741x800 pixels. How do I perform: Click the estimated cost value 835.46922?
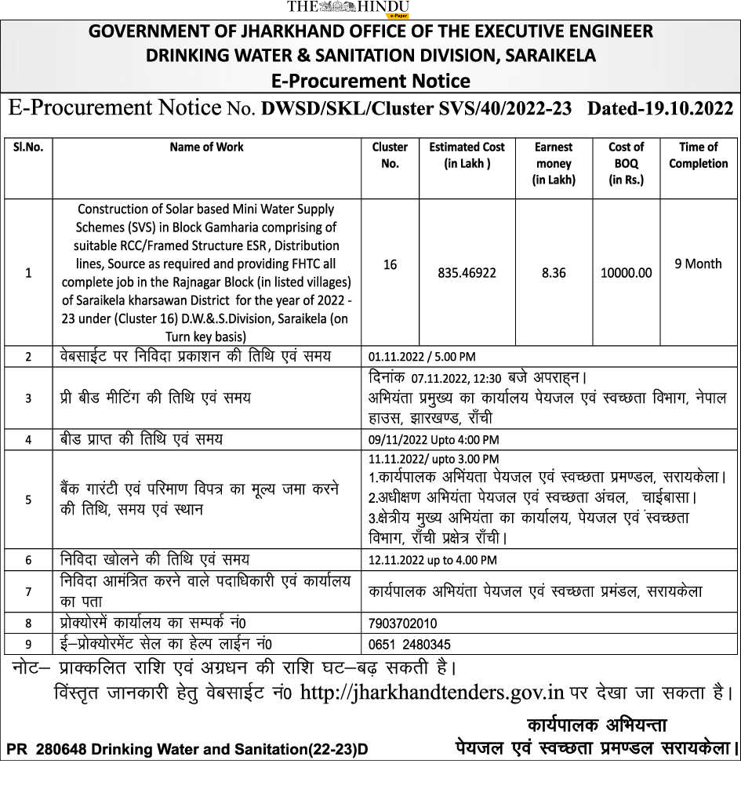[467, 273]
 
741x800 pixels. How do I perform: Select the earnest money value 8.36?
[554, 273]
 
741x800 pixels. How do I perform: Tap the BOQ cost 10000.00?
[626, 273]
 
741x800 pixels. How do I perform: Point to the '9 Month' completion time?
[698, 264]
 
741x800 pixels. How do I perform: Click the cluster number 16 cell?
[390, 265]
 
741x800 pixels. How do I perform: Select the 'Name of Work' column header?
[206, 147]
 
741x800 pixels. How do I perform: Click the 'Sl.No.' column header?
[28, 147]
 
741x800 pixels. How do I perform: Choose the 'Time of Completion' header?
[698, 155]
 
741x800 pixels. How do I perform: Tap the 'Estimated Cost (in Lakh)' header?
[467, 155]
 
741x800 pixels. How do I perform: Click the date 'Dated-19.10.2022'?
[660, 108]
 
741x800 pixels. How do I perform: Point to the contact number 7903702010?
[402, 624]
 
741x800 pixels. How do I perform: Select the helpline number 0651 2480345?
[409, 645]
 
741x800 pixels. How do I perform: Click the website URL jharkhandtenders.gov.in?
[433, 693]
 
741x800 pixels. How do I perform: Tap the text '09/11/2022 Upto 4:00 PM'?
[434, 440]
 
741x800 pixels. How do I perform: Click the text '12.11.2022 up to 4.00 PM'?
[432, 560]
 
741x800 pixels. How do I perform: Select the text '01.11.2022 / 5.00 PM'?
[422, 357]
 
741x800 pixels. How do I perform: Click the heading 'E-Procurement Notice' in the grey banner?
[370, 81]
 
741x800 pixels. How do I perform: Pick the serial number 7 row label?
[28, 592]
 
